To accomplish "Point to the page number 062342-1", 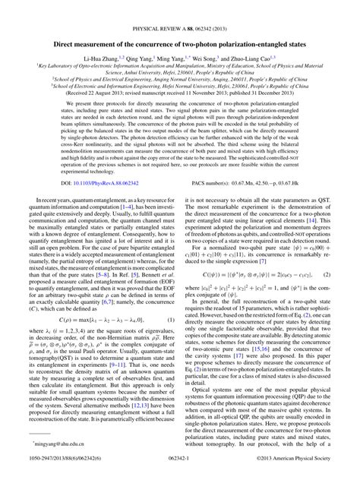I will (x=180, y=470).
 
